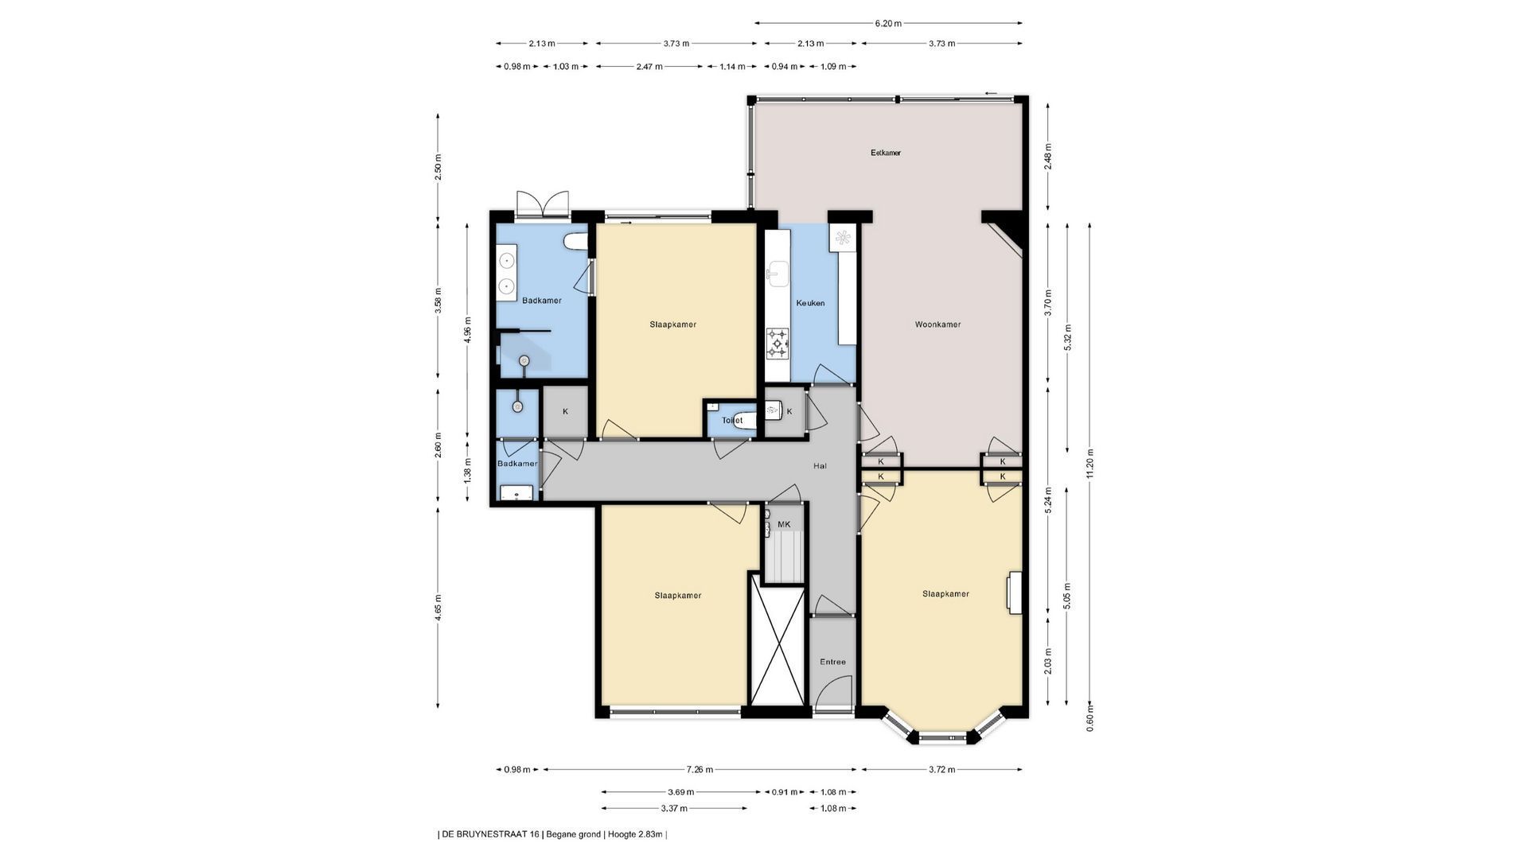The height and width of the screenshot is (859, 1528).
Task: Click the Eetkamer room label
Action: click(x=886, y=153)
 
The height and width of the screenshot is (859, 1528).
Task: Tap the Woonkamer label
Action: click(x=937, y=325)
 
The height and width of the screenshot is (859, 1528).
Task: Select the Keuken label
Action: click(x=810, y=303)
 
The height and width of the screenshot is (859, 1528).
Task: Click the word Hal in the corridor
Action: click(x=820, y=466)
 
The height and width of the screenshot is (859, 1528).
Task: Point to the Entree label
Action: click(x=832, y=662)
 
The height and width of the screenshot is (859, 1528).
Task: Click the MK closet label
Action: click(x=784, y=524)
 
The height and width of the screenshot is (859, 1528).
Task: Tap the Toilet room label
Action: click(x=732, y=420)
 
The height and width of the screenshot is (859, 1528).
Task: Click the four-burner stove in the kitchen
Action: click(x=778, y=344)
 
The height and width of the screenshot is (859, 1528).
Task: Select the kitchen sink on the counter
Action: click(x=778, y=274)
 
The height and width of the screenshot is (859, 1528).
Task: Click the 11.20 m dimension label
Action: click(x=1090, y=464)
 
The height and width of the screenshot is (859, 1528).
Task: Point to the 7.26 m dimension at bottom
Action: click(x=700, y=769)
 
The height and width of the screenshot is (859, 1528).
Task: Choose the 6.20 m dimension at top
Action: click(x=888, y=23)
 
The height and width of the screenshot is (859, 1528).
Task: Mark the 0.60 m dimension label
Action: click(x=1090, y=718)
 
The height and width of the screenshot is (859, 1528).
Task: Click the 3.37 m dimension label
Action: click(x=674, y=808)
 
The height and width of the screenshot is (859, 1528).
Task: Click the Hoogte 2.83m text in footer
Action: click(x=636, y=834)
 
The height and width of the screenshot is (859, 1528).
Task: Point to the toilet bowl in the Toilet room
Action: click(x=742, y=421)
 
